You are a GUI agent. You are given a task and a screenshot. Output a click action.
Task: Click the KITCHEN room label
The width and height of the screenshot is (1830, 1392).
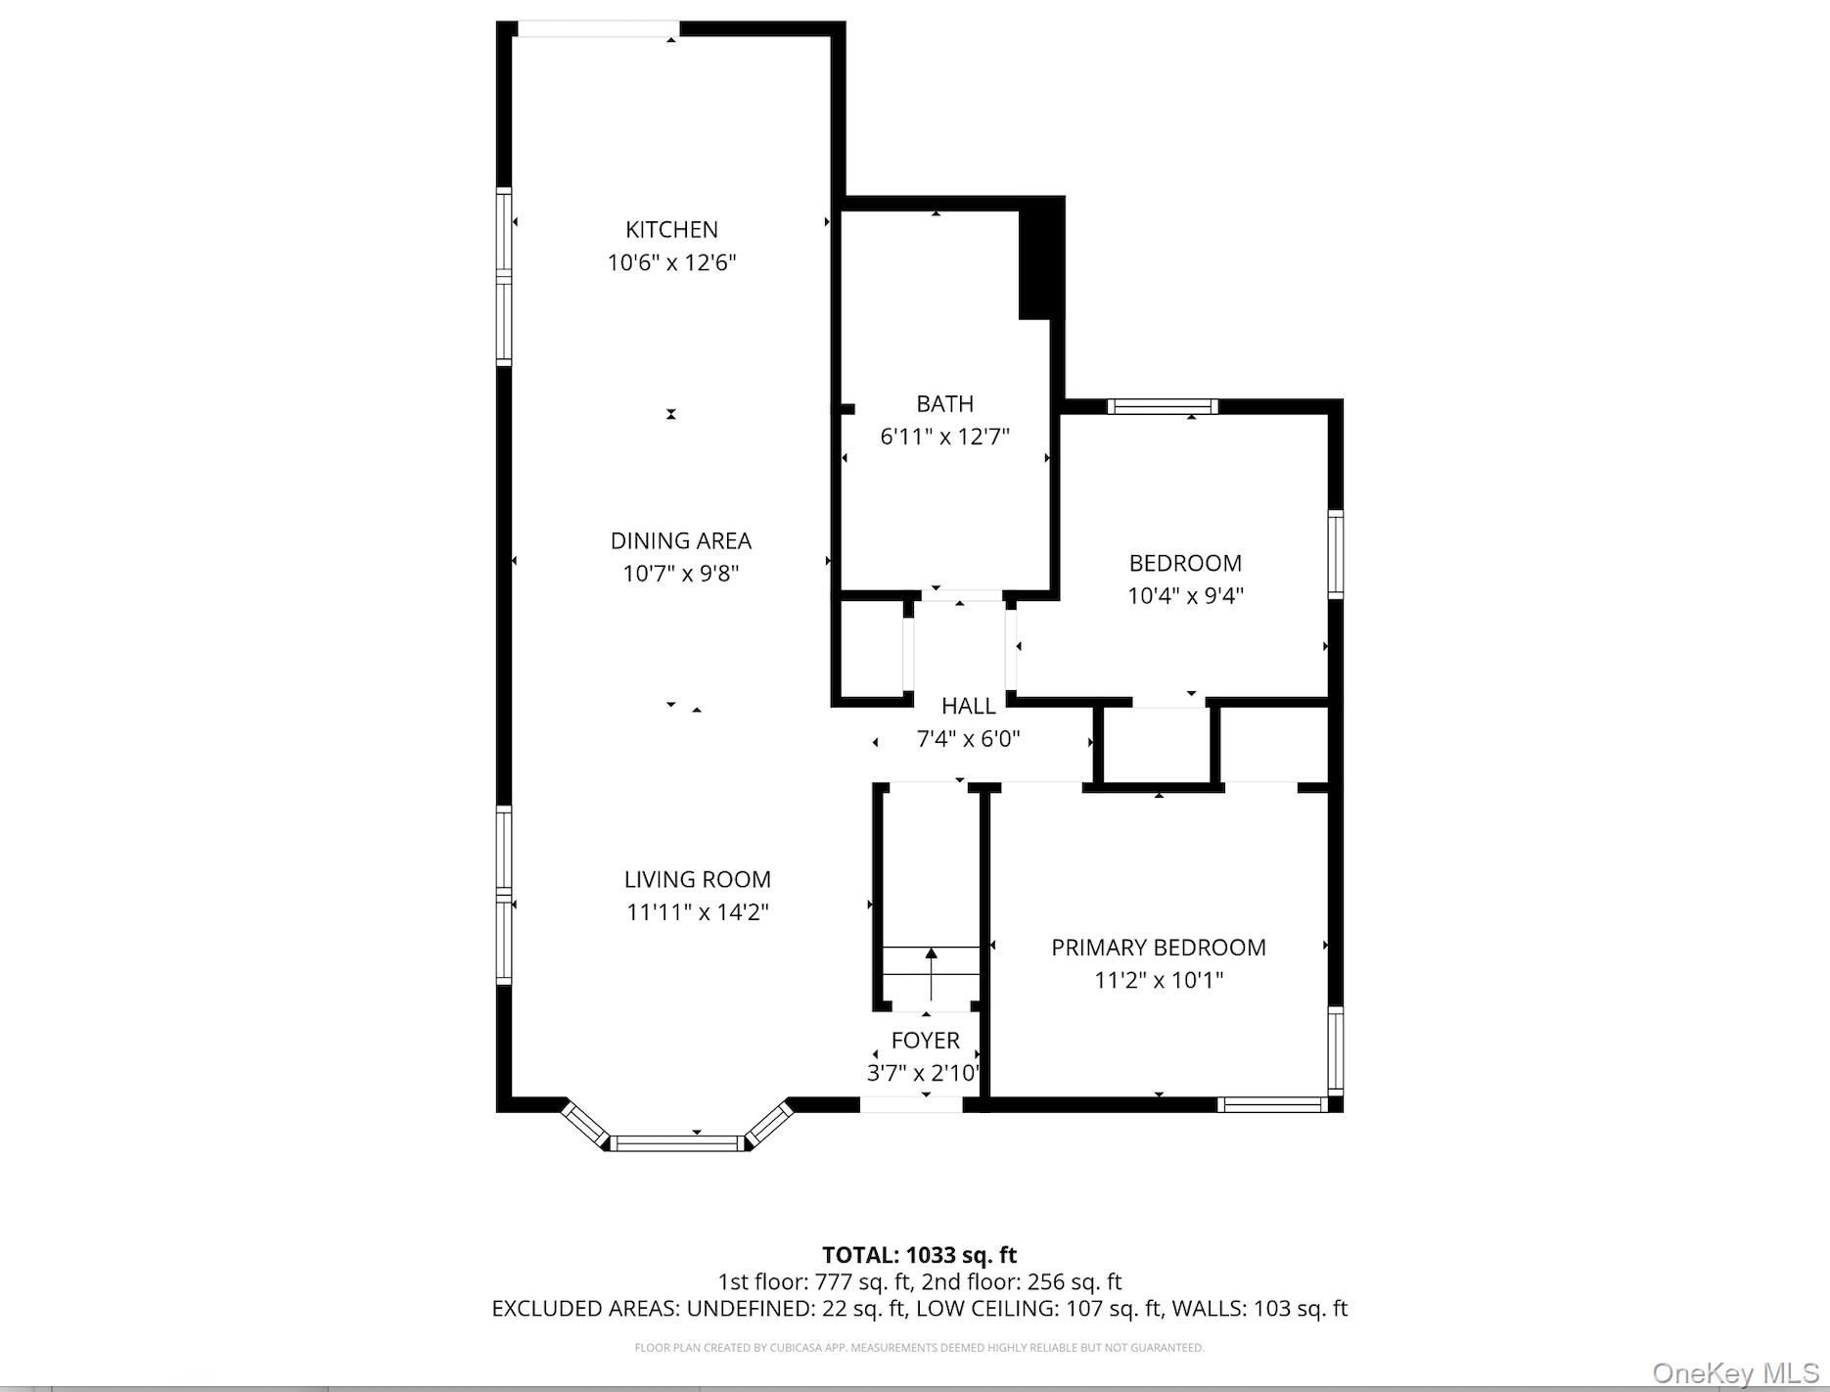(671, 229)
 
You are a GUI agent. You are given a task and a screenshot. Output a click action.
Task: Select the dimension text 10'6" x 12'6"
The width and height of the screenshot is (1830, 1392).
(671, 262)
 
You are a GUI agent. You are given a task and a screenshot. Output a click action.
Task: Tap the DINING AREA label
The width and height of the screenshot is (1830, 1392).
(680, 540)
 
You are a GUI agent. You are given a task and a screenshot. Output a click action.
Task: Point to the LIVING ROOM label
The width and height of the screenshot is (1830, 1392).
(697, 879)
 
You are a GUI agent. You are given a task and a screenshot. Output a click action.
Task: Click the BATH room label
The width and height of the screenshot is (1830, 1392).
(944, 403)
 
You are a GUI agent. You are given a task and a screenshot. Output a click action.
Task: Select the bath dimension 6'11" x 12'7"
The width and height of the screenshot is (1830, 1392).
(944, 437)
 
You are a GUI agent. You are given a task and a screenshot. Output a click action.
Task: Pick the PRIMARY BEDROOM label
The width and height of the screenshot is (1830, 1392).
(1158, 947)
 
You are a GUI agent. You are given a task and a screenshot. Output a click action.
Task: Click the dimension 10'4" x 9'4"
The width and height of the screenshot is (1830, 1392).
(1185, 595)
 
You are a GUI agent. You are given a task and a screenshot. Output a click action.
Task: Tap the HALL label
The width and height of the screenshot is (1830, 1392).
(968, 706)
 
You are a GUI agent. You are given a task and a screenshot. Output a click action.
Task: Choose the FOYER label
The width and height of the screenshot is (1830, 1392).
(925, 1040)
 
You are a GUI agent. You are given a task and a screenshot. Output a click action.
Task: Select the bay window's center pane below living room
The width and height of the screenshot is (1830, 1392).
(677, 1141)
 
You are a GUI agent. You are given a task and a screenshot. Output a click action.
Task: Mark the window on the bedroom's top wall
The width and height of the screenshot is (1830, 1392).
(1162, 406)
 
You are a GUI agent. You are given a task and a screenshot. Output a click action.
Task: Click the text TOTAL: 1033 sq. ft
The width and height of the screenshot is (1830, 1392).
(919, 1255)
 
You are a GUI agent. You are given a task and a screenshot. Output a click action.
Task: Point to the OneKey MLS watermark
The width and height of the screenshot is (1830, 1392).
(1735, 1372)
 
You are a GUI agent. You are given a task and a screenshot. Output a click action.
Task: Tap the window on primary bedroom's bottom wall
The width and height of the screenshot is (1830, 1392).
(1271, 1104)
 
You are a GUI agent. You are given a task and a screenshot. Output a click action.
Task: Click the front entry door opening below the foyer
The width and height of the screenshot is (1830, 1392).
(911, 1104)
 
